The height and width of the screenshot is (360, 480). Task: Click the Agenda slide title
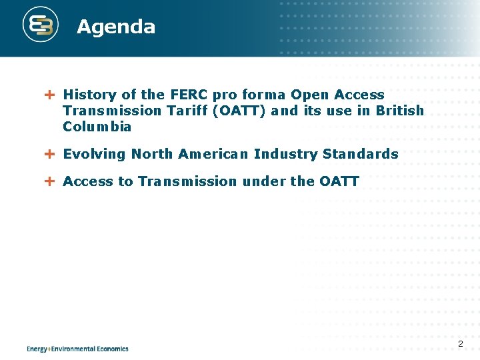(115, 27)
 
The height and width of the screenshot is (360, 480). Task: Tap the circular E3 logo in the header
(41, 26)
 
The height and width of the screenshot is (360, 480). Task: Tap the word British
(399, 111)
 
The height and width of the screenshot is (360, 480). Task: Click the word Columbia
(97, 127)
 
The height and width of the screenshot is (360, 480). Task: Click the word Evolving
(94, 154)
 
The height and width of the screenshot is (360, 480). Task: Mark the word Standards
(360, 154)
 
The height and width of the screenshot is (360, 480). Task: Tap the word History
(89, 95)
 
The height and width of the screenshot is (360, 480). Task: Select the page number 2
(460, 344)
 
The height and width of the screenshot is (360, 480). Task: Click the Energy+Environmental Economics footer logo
(77, 348)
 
